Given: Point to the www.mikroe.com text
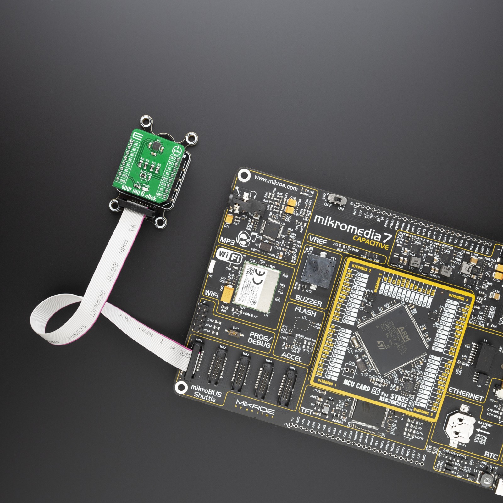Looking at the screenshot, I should pos(275,183).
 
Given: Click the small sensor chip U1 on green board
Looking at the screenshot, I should pos(156,146).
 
